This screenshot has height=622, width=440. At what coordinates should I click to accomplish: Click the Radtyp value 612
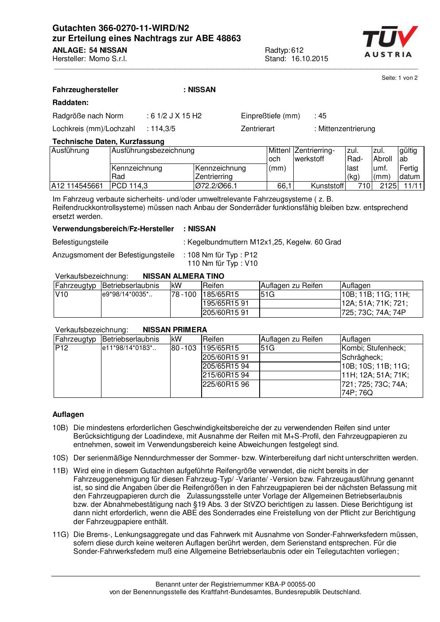point(297,51)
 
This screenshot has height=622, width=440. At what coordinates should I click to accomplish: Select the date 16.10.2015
point(310,59)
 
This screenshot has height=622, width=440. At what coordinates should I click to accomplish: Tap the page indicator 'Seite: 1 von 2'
point(399,78)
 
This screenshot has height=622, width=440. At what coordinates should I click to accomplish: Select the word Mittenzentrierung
point(347,129)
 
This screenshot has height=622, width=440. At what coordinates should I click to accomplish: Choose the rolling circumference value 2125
point(388,186)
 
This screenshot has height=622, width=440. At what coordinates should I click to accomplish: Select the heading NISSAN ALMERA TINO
point(183,276)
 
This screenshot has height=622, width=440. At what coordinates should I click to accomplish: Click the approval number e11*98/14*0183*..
point(128,348)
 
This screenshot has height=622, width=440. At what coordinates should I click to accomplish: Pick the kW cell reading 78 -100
point(184,295)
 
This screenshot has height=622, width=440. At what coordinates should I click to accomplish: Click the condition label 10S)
point(60,458)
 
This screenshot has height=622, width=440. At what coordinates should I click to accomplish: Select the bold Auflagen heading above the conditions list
point(68,415)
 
